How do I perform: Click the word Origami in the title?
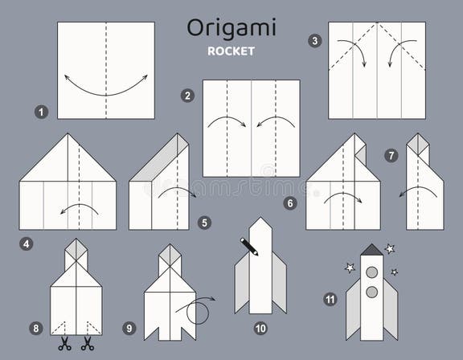pos(231,27)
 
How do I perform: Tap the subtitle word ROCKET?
pos(231,51)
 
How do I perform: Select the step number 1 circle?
pos(42,112)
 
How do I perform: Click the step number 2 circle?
pos(187,96)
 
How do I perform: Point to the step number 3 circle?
pos(314,40)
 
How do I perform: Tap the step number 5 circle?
pos(204,222)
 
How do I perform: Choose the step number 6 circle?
pos(290,204)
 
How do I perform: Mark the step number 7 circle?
pos(391,156)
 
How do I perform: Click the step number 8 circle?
pos(35,328)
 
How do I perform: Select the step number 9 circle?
pos(129,328)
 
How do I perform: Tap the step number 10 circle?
pos(260,328)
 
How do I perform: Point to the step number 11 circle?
pos(330,299)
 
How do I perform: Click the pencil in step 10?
pos(249,246)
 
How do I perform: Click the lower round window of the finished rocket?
pos(371,291)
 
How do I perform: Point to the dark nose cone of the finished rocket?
pos(371,250)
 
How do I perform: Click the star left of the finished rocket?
pos(350,267)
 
